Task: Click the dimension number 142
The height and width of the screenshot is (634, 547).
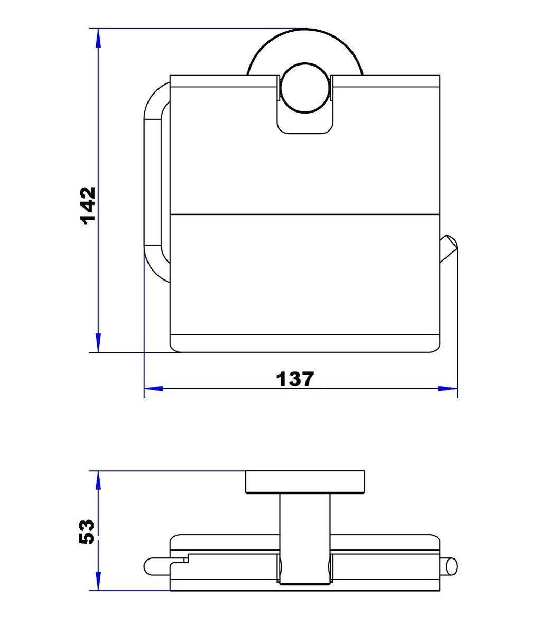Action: pos(88,206)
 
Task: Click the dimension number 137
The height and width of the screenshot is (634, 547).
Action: pos(295,379)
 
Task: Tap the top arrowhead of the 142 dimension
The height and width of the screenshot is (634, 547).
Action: pos(98,39)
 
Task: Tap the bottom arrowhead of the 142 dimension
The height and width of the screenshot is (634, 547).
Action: pos(98,342)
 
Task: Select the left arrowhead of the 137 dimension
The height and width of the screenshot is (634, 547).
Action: pos(154,389)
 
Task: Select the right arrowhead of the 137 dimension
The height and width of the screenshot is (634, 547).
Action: pos(447,389)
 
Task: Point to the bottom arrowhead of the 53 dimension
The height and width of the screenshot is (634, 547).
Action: pos(98,581)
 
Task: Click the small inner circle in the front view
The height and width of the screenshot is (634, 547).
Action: pos(305,88)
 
